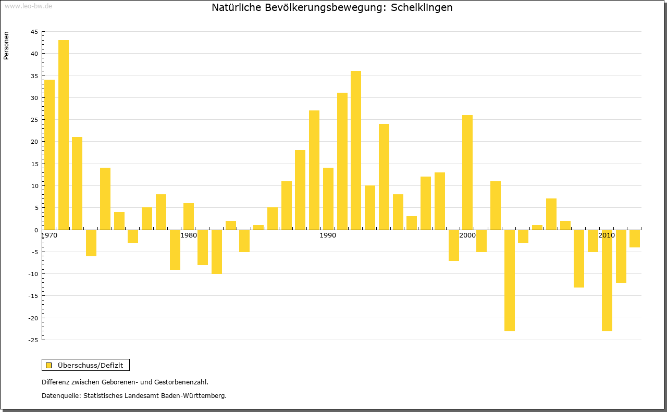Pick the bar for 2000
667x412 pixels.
pyautogui.click(x=467, y=172)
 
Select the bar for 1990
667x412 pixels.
pyautogui.click(x=328, y=198)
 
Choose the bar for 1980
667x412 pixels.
pyautogui.click(x=189, y=216)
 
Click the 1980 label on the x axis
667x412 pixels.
pyautogui.click(x=189, y=235)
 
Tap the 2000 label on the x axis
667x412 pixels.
pyautogui.click(x=467, y=235)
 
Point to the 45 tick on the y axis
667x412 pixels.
pyautogui.click(x=34, y=32)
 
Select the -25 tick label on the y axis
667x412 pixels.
pyautogui.click(x=33, y=340)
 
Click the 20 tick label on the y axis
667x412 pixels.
pyautogui.click(x=34, y=142)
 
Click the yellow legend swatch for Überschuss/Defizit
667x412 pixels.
pyautogui.click(x=49, y=365)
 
